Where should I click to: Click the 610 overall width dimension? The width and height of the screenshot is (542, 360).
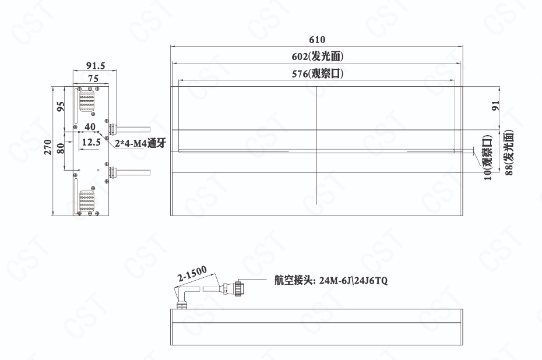coord(317,40)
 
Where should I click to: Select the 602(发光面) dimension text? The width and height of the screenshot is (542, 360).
coord(317,57)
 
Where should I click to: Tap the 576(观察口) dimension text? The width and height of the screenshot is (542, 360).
coord(317,73)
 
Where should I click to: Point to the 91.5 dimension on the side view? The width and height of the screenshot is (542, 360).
coord(96,66)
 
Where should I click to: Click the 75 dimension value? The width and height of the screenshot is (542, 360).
coord(93,79)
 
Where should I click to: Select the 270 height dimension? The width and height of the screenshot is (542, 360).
coord(48,147)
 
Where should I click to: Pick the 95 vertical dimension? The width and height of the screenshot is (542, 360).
coord(60,106)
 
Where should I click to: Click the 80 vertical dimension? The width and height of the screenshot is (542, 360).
coord(60,149)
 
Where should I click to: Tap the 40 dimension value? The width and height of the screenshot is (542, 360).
coord(90,127)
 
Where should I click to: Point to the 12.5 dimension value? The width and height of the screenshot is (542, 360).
coord(91,142)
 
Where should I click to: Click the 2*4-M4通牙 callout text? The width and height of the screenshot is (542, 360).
coord(140,143)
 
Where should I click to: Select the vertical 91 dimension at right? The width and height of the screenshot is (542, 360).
coord(495,105)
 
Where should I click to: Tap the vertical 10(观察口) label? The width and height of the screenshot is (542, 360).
coord(487,157)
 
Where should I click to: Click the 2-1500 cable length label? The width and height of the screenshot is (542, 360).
coord(192,274)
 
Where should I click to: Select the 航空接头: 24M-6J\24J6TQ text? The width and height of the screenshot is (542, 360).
coord(331,280)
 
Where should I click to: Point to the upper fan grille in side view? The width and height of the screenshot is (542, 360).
coord(87,101)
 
